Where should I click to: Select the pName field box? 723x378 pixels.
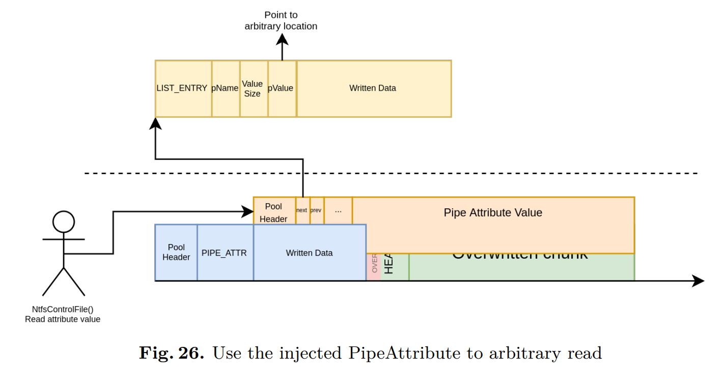226,89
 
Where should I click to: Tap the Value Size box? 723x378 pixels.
254,89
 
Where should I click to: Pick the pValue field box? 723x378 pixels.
282,89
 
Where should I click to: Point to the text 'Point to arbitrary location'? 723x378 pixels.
281,21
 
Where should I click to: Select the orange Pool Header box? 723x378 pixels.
274,211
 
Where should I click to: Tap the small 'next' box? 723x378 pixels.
302,211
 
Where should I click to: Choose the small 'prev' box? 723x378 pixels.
317,211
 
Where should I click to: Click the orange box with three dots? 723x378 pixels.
338,211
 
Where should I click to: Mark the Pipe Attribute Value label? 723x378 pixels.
493,213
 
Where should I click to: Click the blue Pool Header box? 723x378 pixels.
176,253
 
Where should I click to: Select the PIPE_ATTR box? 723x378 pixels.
225,253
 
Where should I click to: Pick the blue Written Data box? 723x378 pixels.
310,253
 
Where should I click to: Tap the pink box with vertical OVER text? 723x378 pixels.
374,266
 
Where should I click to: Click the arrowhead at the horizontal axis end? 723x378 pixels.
699,281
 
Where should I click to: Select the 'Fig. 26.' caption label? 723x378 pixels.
172,353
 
